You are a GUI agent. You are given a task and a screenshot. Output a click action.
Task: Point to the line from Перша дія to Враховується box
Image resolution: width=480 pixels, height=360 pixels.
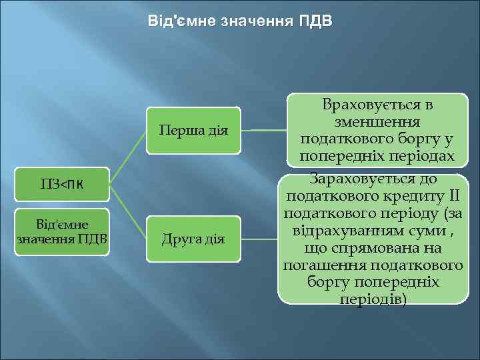click(263, 130)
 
